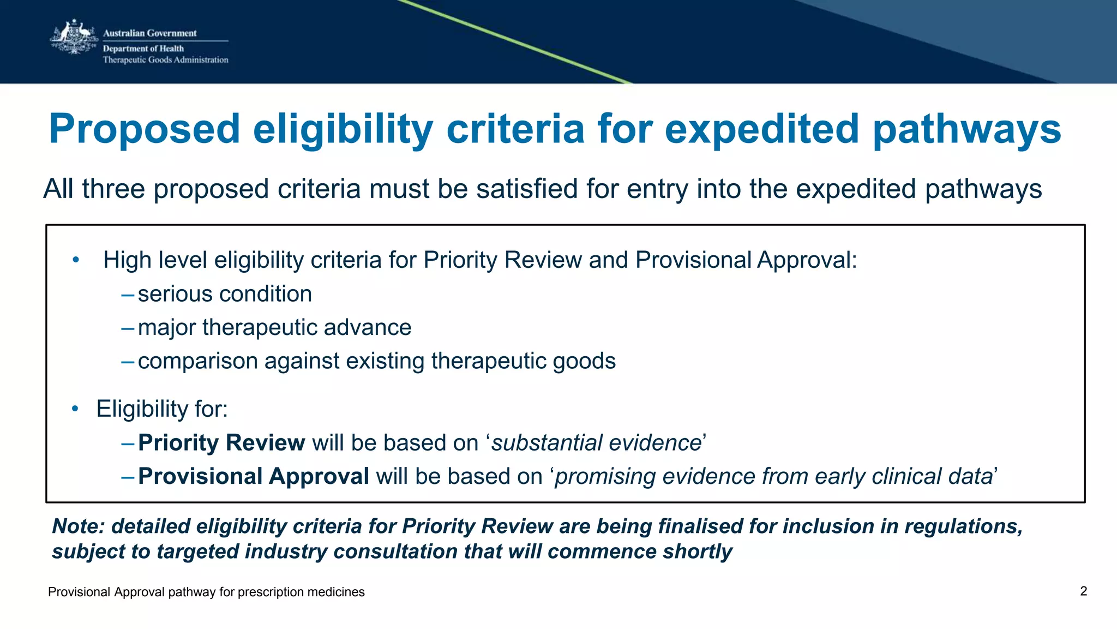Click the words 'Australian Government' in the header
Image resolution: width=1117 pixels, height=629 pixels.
click(150, 33)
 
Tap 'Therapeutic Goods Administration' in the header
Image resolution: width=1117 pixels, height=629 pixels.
click(165, 60)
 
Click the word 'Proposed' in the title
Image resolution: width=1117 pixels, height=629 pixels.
click(145, 129)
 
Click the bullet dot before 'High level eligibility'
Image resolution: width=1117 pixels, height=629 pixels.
click(76, 260)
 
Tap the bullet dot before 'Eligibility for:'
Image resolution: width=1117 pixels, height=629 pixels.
click(75, 409)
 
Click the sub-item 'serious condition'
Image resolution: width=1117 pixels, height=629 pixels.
click(225, 294)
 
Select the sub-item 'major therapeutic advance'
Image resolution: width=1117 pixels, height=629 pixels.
click(274, 327)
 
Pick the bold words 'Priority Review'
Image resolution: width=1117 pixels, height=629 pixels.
click(221, 442)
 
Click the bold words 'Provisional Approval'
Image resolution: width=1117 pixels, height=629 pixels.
click(253, 476)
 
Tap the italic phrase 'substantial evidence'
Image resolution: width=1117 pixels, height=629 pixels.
click(596, 442)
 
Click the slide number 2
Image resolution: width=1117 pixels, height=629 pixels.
click(1083, 591)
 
